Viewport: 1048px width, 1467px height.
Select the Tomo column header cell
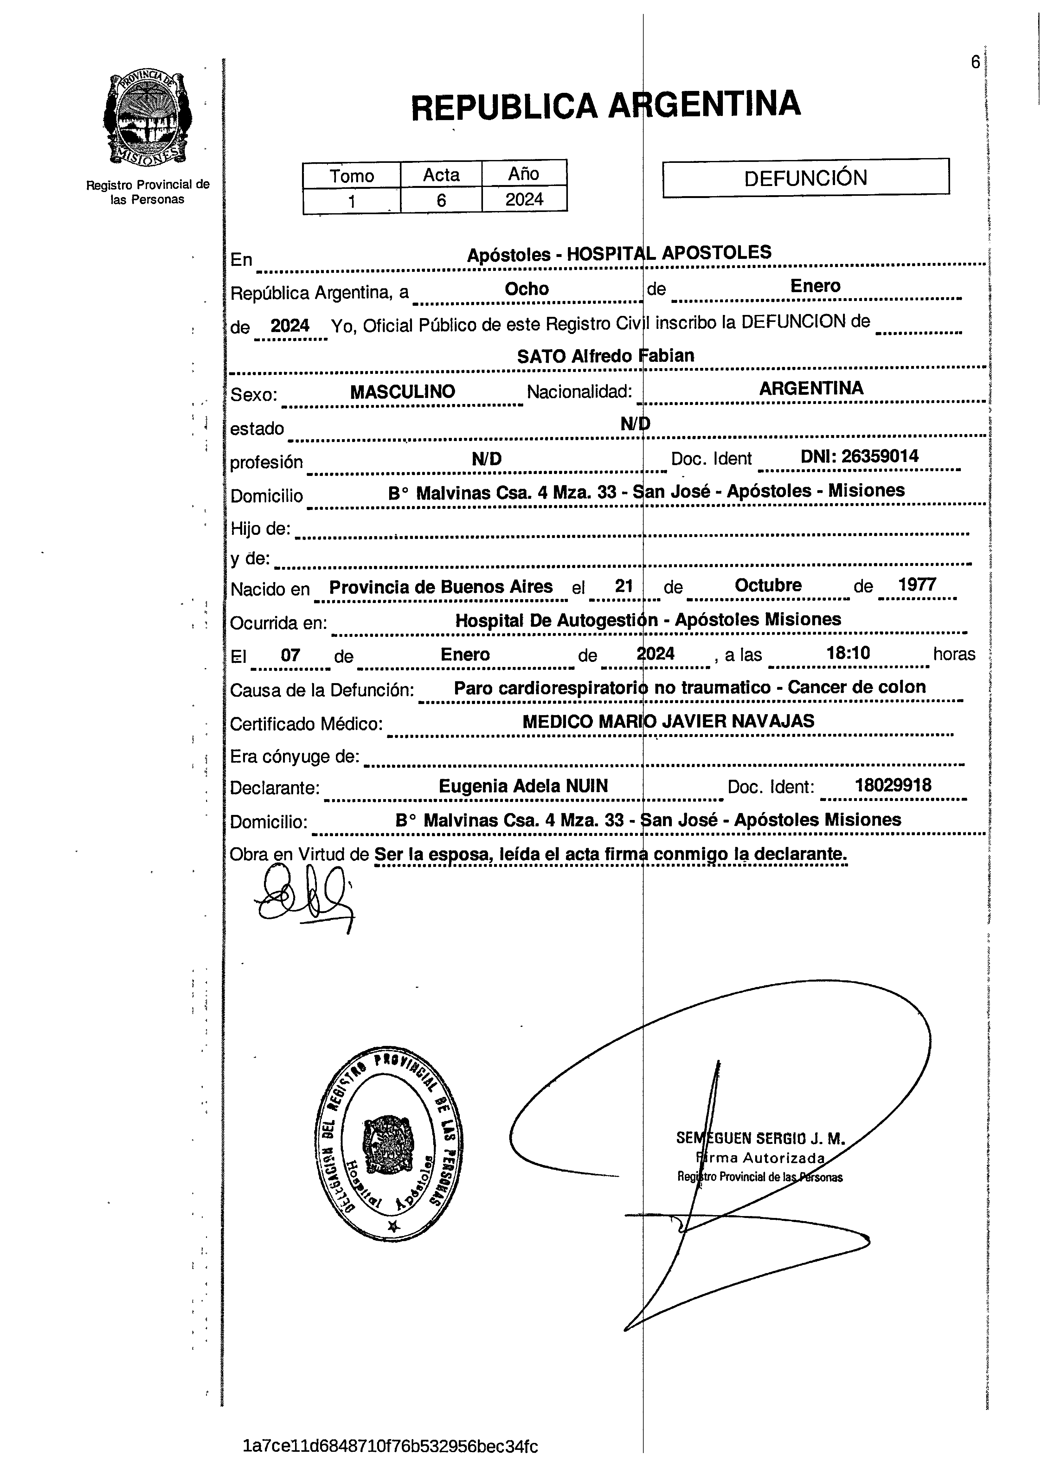point(352,175)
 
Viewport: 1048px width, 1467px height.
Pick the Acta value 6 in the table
point(441,200)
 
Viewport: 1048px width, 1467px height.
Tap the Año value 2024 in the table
point(524,199)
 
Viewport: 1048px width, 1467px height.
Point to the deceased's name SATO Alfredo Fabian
point(605,356)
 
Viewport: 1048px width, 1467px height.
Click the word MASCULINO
point(403,392)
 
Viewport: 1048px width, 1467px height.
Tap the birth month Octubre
point(768,585)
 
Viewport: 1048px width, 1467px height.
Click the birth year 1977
point(917,585)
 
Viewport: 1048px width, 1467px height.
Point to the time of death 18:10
point(848,654)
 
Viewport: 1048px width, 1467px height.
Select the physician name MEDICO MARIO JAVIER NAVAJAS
point(668,721)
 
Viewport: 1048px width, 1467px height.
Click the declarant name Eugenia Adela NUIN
point(523,786)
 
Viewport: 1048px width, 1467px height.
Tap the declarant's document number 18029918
point(892,785)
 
